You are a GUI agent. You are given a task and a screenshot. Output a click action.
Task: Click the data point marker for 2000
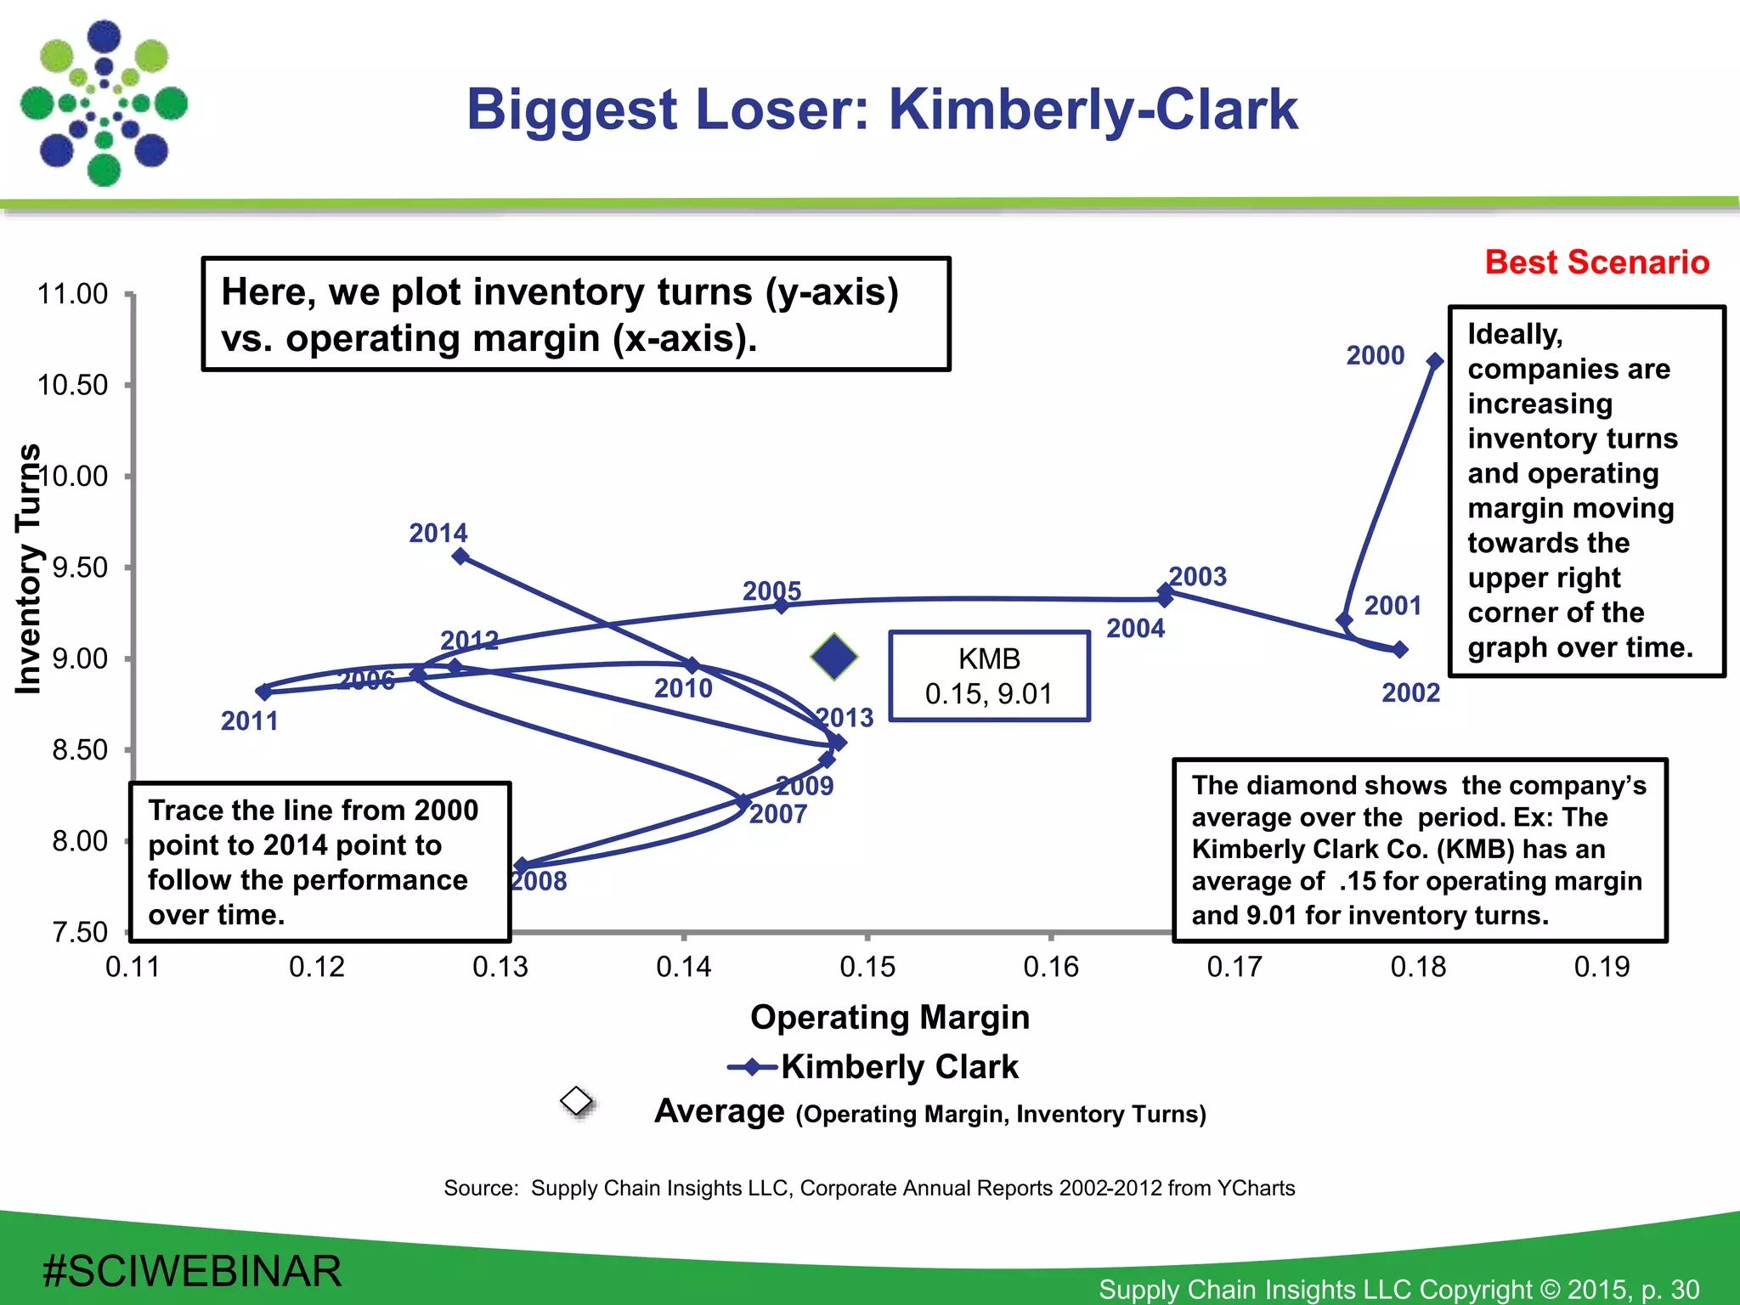click(x=1435, y=361)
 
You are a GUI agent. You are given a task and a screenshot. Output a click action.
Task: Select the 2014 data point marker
click(x=460, y=556)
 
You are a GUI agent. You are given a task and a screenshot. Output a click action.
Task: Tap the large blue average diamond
click(x=834, y=657)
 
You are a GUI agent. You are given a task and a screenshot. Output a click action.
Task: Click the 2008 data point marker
click(x=522, y=866)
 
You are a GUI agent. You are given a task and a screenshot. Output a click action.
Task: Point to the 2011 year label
click(x=249, y=721)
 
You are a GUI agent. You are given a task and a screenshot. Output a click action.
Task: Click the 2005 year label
click(x=771, y=590)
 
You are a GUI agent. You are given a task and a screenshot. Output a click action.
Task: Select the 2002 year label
click(x=1410, y=693)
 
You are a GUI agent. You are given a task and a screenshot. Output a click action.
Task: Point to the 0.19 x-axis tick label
click(x=1602, y=967)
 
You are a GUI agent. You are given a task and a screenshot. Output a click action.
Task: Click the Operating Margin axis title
click(x=890, y=1017)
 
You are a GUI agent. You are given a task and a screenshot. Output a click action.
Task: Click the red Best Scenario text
click(x=1596, y=263)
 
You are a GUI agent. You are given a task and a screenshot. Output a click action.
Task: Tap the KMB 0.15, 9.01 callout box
click(x=989, y=676)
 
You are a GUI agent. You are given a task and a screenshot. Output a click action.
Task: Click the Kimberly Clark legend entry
click(x=899, y=1067)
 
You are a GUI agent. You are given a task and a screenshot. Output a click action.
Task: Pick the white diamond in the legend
click(x=577, y=1101)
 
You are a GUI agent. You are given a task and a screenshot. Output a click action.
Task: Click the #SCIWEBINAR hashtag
click(x=192, y=1271)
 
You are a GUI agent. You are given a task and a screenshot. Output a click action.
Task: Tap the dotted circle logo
click(x=105, y=104)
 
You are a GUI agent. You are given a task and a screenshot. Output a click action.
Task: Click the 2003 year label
click(x=1197, y=577)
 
